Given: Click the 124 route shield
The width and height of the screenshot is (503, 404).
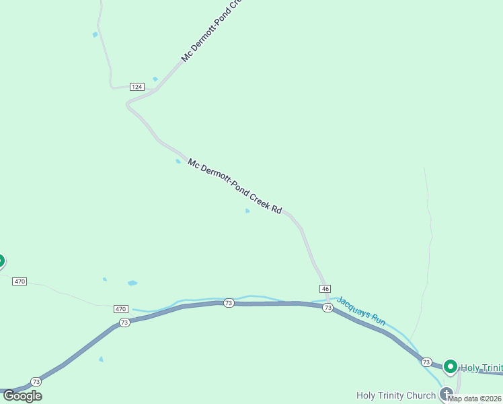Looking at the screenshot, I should coord(137,87).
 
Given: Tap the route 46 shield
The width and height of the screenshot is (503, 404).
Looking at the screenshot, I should coord(325,288).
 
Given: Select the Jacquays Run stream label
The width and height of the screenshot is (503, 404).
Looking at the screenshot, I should coord(361,312).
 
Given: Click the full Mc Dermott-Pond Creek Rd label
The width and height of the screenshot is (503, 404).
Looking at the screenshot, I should coord(235,186).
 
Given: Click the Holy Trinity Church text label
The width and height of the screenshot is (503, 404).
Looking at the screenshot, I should coord(396,395).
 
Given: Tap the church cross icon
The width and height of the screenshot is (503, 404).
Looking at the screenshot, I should coord(445,393).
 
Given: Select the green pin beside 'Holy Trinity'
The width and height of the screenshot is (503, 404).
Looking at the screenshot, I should coord(451,367).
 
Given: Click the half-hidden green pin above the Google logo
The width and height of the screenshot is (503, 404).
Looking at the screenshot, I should coord(1,261).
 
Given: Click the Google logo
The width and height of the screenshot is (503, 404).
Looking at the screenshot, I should coord(22,396).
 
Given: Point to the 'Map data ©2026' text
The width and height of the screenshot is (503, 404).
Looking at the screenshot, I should coord(475,399).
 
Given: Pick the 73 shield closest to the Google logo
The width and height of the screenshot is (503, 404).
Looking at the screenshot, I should coord(36,381).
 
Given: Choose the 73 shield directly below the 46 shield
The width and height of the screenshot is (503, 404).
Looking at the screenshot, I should coord(327,308).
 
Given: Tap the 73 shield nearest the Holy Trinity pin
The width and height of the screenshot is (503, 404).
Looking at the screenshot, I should coord(426,362).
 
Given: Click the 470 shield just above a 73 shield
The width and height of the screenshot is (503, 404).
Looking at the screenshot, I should coord(120,309).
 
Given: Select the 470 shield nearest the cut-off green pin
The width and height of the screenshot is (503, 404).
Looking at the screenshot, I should coord(20,281).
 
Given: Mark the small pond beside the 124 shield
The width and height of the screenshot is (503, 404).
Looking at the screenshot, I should coord(155,79).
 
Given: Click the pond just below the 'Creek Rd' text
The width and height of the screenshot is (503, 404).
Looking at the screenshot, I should coord(247,211).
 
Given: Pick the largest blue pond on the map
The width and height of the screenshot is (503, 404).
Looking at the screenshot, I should coord(132,283).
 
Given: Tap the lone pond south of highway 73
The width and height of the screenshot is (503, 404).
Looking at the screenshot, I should coord(101,359).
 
